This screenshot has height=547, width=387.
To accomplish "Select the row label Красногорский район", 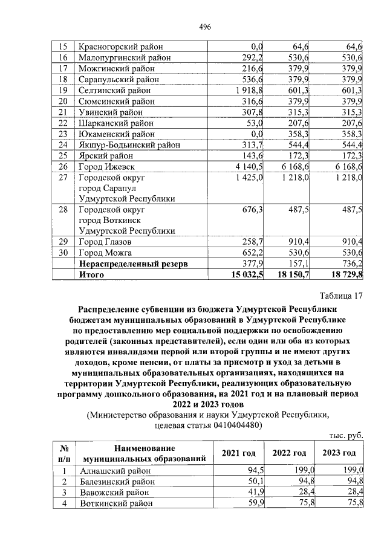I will pos(119,47).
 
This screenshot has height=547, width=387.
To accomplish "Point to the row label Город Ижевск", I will pos(105,166).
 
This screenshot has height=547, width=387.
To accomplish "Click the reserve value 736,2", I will pos(351,264).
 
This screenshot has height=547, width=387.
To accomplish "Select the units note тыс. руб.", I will pos(346,435).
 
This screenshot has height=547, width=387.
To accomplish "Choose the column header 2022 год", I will pos(289,453).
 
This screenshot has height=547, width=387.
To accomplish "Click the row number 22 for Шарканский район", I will pos(61,123).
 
